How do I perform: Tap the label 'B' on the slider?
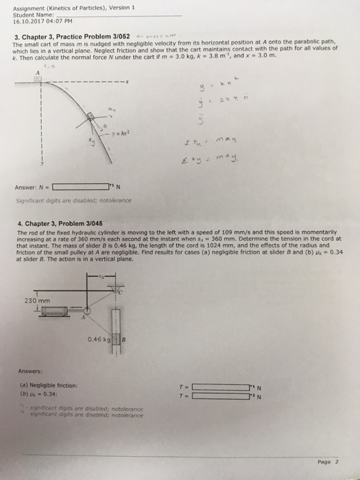pos(125,338)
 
